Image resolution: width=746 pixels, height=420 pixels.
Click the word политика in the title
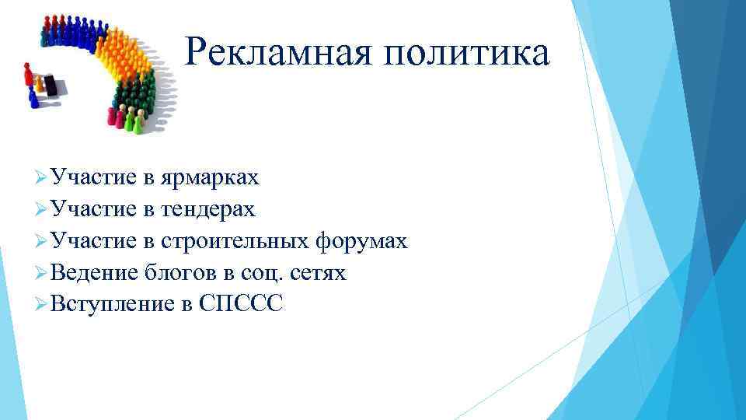point(469,53)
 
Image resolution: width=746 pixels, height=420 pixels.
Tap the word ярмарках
point(210,178)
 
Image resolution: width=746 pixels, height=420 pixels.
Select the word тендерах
point(207,210)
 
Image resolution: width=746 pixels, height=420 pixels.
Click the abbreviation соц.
point(257,273)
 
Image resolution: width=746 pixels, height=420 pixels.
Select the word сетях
point(319,273)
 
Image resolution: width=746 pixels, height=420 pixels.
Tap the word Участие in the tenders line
point(94,210)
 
